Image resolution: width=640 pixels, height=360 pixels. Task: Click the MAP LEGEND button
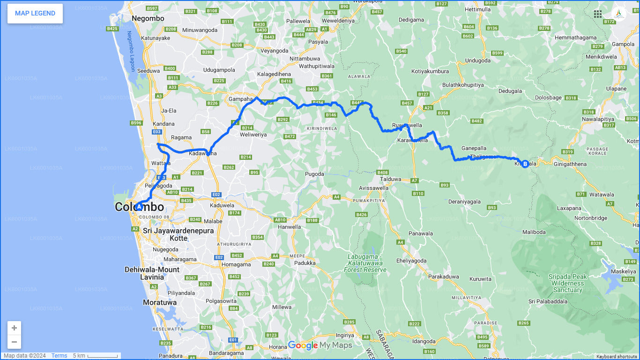(35, 13)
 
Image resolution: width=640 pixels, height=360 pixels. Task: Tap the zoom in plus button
(14, 328)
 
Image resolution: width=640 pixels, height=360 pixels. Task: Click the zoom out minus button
(14, 342)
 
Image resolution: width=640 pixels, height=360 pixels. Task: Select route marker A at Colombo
(139, 206)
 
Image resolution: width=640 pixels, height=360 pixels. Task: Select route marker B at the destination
(525, 164)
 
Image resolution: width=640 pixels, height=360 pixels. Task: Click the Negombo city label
(148, 18)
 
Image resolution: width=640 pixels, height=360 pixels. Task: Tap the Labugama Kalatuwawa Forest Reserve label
(365, 263)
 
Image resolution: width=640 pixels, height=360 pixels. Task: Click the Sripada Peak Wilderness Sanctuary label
(567, 283)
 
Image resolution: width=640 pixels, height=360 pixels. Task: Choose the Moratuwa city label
(160, 302)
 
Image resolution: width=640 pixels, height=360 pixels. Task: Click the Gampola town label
(623, 44)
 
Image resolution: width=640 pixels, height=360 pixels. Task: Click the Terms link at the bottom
(59, 356)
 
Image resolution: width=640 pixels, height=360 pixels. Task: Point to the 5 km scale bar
(96, 356)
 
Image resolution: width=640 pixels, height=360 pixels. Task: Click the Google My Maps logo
(320, 345)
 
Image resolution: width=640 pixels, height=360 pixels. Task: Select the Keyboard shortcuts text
(616, 357)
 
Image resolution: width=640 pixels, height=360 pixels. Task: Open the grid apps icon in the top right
(598, 14)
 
